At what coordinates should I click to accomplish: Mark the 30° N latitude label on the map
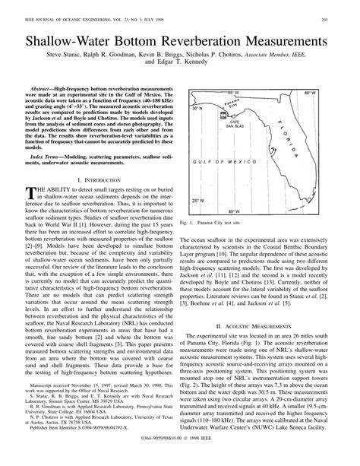200,109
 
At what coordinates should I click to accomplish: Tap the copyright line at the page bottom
180,459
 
